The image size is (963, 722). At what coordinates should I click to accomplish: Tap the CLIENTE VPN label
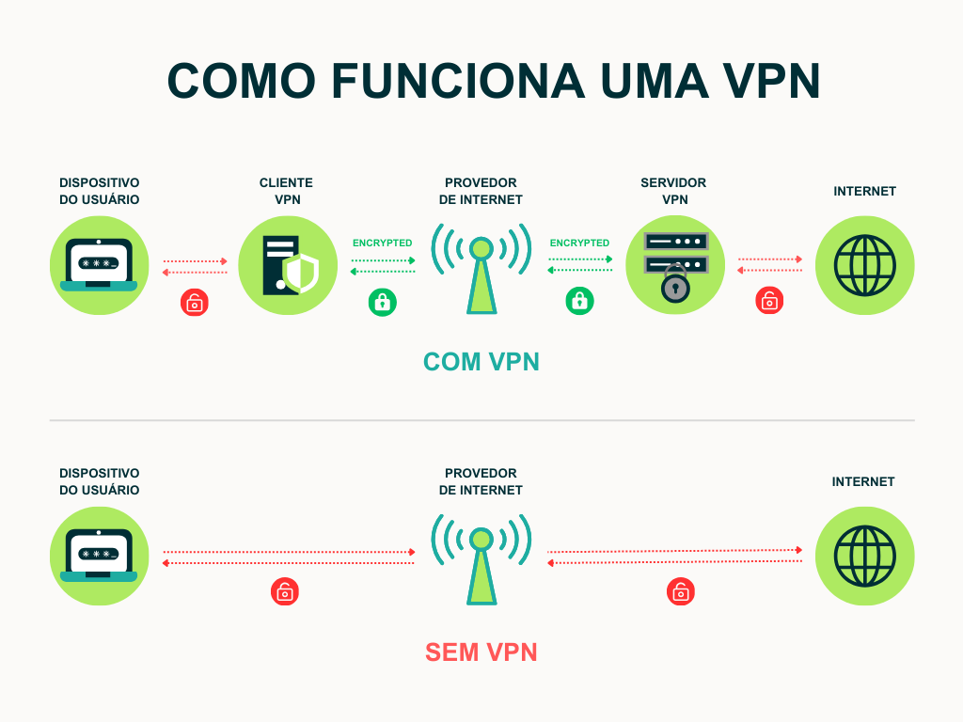tap(286, 191)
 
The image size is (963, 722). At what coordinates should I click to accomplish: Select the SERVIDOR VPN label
tap(673, 191)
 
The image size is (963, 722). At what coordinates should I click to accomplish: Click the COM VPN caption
tap(481, 362)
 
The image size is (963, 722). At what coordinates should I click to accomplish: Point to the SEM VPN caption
tap(481, 652)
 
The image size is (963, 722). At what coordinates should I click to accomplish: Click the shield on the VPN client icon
tap(301, 273)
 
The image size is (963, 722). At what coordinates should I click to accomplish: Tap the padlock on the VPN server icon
tap(675, 284)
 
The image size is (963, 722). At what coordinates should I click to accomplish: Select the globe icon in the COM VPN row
tap(864, 266)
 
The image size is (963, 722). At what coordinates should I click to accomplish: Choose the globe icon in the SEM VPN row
tap(864, 557)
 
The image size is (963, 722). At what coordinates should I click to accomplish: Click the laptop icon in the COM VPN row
tap(99, 266)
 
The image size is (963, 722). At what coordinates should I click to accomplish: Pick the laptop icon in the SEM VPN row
tap(99, 557)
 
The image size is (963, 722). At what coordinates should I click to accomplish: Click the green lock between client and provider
tap(382, 302)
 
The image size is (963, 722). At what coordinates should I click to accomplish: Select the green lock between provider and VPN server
tap(579, 302)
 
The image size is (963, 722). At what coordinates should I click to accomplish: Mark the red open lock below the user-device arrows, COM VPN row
tap(195, 302)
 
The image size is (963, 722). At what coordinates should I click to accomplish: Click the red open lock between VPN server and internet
tap(769, 302)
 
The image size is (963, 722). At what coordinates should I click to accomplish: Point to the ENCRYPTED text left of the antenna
tap(382, 243)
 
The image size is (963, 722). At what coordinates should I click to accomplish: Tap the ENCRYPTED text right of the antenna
tap(579, 243)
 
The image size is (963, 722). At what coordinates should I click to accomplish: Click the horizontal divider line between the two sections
tap(481, 420)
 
